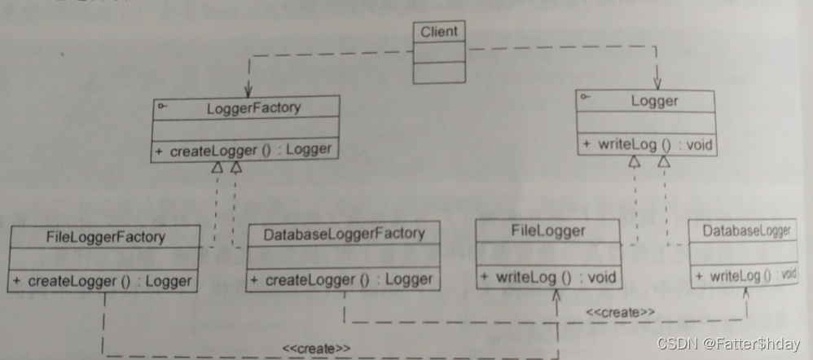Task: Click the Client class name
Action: point(439,33)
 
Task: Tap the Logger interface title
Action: point(654,102)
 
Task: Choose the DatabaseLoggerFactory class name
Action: point(344,234)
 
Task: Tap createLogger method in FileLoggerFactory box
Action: point(103,281)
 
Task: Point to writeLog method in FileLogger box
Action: point(547,277)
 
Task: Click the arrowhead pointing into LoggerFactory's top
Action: point(247,90)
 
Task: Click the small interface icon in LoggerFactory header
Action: point(160,104)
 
